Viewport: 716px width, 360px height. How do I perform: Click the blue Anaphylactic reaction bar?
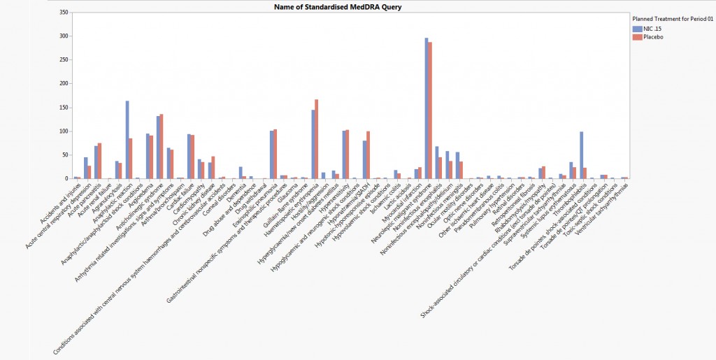point(127,140)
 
